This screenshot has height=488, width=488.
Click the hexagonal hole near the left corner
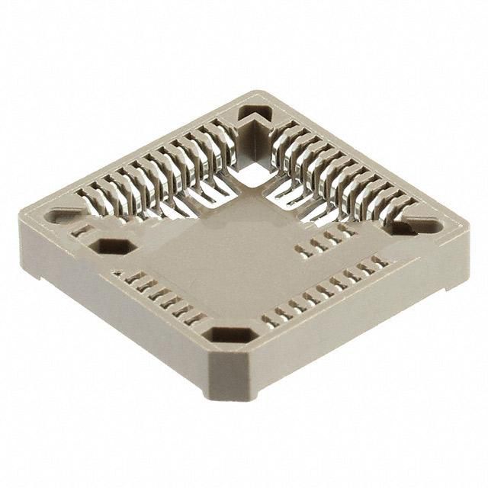pos(113,246)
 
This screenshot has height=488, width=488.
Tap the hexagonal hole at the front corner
pos(231,335)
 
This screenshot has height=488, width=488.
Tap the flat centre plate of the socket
pos(229,259)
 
